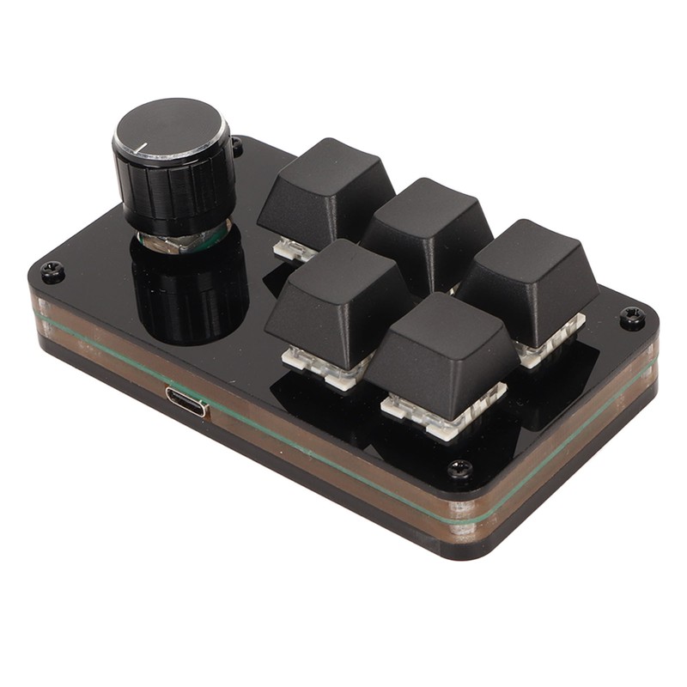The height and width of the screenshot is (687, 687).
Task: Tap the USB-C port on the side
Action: tap(186, 401)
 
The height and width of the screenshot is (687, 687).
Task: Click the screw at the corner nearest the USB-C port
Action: tap(52, 272)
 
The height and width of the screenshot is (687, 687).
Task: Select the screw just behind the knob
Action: tap(236, 147)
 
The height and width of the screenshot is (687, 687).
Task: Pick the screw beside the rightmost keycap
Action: tap(632, 318)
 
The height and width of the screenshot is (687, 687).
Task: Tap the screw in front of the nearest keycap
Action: tap(460, 469)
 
